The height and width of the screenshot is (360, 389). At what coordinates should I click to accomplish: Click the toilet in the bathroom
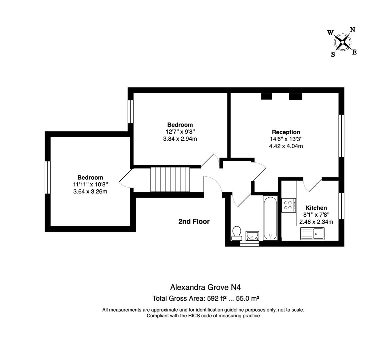click(237, 232)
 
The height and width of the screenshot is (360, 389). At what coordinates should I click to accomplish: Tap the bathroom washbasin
click(252, 235)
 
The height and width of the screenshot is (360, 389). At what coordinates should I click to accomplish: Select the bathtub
click(270, 218)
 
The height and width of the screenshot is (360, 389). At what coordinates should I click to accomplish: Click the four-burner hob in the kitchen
click(288, 205)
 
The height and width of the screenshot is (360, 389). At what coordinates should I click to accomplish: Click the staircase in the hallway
click(170, 179)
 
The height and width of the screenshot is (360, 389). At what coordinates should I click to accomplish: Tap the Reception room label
click(286, 132)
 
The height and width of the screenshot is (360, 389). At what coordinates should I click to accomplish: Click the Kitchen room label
click(316, 208)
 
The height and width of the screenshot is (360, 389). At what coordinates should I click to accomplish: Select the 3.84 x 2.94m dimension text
click(180, 139)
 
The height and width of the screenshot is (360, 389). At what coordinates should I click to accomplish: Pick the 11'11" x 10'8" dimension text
click(90, 184)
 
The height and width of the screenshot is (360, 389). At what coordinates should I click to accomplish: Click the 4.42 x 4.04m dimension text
click(286, 146)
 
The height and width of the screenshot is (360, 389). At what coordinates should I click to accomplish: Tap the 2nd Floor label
click(194, 221)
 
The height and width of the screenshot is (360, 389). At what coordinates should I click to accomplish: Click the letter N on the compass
click(352, 30)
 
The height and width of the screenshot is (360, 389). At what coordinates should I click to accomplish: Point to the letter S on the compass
click(333, 55)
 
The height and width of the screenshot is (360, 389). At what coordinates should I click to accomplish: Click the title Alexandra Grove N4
click(205, 287)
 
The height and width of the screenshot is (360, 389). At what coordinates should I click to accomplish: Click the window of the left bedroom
click(48, 177)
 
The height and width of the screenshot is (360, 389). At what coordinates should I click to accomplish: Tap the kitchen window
click(341, 206)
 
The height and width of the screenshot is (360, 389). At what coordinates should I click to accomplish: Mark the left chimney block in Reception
click(266, 96)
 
